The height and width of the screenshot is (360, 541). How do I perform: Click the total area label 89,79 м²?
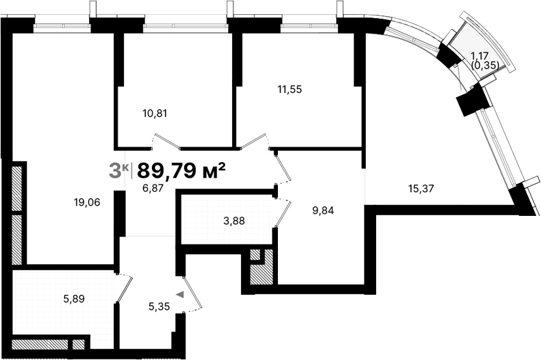[181, 171]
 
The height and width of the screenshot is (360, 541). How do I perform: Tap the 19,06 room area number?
[87, 202]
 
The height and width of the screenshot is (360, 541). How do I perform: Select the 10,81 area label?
[154, 114]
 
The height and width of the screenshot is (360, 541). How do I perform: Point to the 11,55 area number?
[290, 89]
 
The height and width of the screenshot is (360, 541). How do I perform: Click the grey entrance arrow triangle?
[180, 295]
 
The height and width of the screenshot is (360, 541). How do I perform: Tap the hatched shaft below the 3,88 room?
[262, 268]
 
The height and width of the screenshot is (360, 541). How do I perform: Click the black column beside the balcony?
[472, 100]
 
